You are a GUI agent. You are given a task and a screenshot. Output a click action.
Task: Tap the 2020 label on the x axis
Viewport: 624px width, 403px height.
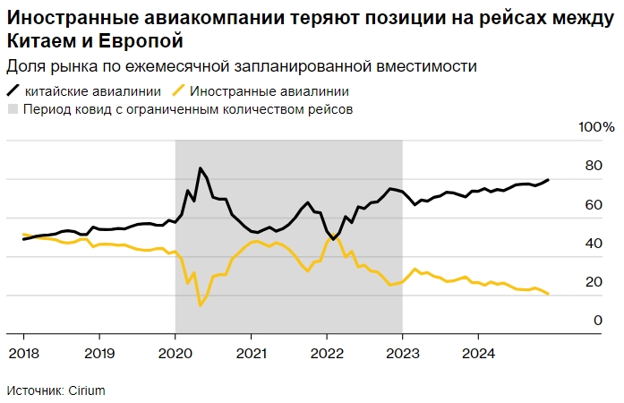pos(175,353)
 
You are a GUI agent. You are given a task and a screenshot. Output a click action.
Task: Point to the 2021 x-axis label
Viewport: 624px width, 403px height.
pos(251,353)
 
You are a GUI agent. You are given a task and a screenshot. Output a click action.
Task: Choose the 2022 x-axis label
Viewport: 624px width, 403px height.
pos(327,353)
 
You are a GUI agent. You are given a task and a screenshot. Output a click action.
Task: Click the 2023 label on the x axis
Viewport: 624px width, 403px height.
pos(403,353)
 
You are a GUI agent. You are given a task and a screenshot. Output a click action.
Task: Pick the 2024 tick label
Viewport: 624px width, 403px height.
pos(479,353)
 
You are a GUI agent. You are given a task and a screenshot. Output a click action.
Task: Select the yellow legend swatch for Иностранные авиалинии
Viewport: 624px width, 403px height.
pos(178,90)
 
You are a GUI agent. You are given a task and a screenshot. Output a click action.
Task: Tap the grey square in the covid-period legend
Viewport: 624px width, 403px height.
pos(13,109)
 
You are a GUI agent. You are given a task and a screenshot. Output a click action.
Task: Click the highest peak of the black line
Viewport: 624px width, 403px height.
pos(200,168)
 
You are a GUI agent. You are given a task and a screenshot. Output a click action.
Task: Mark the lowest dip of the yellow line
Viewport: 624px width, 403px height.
pos(200,305)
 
